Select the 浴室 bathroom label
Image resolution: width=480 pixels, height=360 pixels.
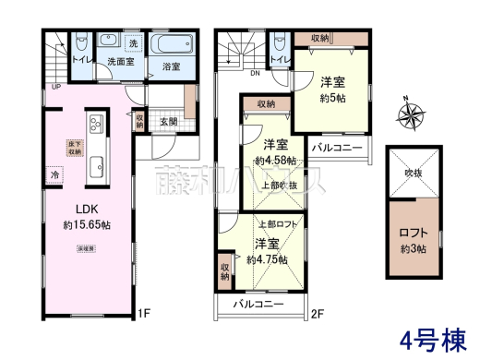tap(171, 66)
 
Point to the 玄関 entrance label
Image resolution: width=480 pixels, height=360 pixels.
tap(167, 120)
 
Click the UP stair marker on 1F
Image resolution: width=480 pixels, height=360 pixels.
tap(56, 87)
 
